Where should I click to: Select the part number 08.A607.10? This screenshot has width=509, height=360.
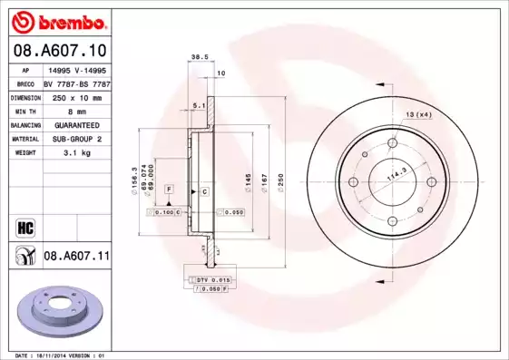point(60,51)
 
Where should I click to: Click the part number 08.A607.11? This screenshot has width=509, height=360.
point(76,257)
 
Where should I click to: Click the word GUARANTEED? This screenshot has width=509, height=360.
point(76,124)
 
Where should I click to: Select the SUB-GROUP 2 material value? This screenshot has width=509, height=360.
point(76,139)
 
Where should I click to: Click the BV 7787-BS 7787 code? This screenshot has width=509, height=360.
point(76,82)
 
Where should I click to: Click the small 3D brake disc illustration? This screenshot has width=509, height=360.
point(61,311)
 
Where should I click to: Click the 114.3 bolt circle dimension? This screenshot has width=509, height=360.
point(396,176)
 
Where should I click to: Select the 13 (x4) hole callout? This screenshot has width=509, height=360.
point(418,113)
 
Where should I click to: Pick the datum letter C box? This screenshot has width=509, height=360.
point(205,191)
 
